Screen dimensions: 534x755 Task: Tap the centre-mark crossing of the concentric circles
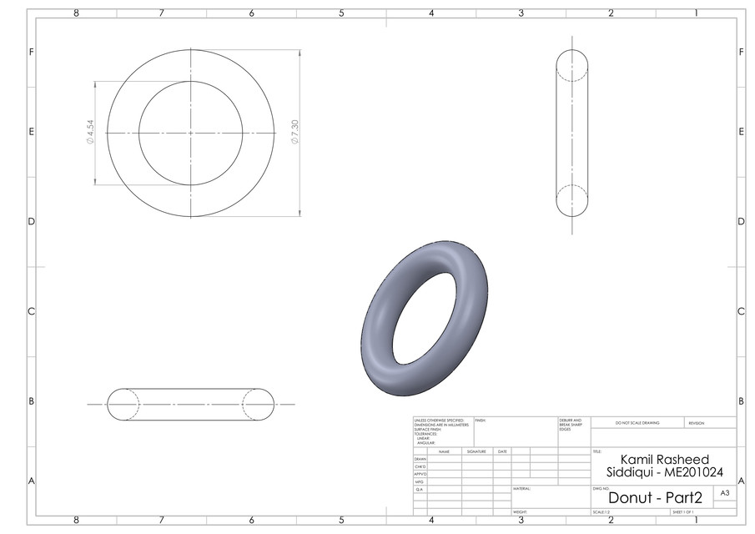191,133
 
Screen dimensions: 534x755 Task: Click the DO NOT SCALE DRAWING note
637,423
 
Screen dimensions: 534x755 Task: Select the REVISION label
697,423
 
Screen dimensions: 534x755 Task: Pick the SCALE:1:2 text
601,512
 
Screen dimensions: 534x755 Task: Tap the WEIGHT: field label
521,512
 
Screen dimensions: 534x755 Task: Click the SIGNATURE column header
476,451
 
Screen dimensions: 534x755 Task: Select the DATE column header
502,451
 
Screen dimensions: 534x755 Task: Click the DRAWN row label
420,459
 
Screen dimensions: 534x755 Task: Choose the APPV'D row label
420,474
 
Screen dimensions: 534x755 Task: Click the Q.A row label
419,489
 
